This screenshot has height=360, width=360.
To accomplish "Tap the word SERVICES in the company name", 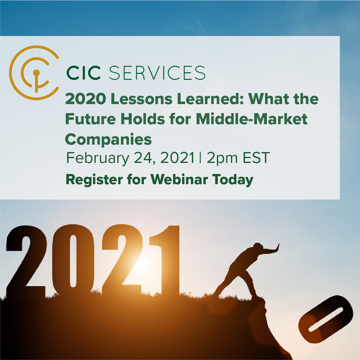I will point(157,73).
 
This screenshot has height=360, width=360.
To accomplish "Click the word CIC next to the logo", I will point(83,73).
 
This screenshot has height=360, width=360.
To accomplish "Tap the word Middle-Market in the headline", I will point(251,119).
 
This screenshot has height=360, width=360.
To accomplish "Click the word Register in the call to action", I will point(94,180).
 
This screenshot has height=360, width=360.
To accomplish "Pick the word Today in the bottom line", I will point(233,180).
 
